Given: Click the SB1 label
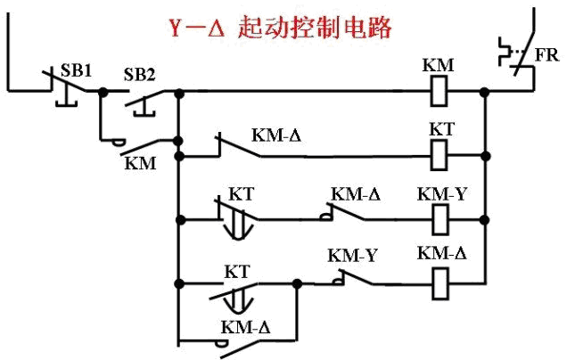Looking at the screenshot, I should coord(75,69).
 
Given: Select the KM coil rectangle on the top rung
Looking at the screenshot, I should coord(439,90).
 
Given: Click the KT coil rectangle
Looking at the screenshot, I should coord(439,154).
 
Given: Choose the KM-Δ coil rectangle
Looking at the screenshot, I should coord(439,283).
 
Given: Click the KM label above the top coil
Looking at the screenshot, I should coord(439,65).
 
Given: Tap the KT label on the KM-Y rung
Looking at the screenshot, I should coord(241,193).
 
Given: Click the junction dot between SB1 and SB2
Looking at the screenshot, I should coord(102,91).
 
